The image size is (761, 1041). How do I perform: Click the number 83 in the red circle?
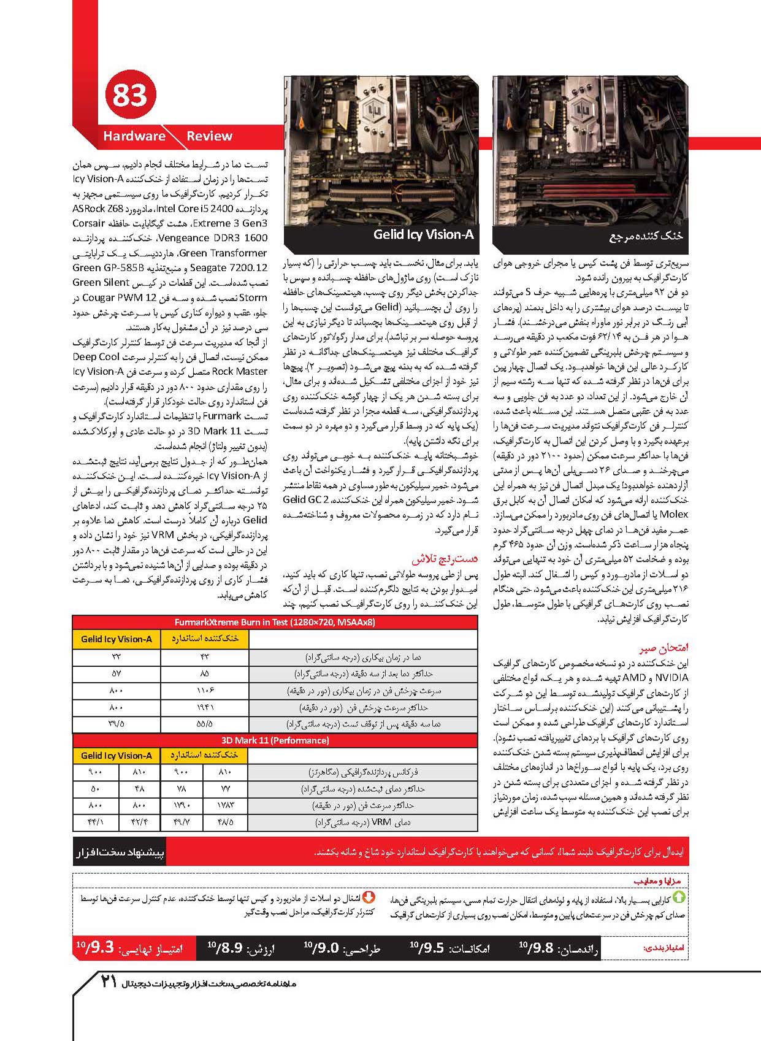[x=130, y=96]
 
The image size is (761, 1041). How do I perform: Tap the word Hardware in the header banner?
[x=134, y=136]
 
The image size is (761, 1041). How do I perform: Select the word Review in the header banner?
[x=209, y=136]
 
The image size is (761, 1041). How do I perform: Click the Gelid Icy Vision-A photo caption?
[x=423, y=234]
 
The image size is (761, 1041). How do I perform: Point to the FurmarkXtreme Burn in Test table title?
[x=275, y=622]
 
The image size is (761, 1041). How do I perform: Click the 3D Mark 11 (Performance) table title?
[x=275, y=740]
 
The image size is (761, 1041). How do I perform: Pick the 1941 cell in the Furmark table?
[x=205, y=707]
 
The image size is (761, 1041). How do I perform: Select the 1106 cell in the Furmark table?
[x=205, y=691]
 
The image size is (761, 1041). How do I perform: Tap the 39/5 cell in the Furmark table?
[x=116, y=724]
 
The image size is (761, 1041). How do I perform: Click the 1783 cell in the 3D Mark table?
[x=225, y=805]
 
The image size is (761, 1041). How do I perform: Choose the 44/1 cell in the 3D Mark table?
[x=95, y=822]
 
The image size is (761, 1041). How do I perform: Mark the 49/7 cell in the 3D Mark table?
[x=182, y=822]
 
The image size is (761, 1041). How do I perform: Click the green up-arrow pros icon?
[x=679, y=897]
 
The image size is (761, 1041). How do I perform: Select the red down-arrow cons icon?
[x=369, y=897]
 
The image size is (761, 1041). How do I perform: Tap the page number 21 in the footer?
[x=108, y=981]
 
